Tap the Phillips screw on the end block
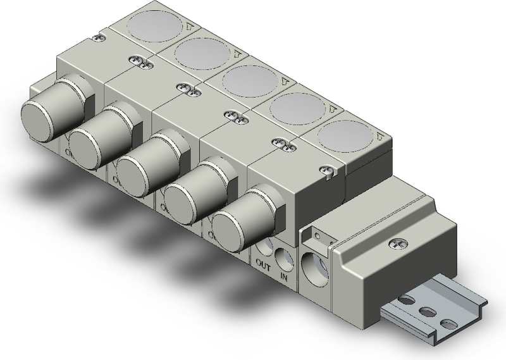click(x=397, y=241)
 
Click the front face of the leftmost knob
click(x=39, y=119)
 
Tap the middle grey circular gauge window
click(x=246, y=81)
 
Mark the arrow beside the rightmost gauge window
click(x=378, y=135)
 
